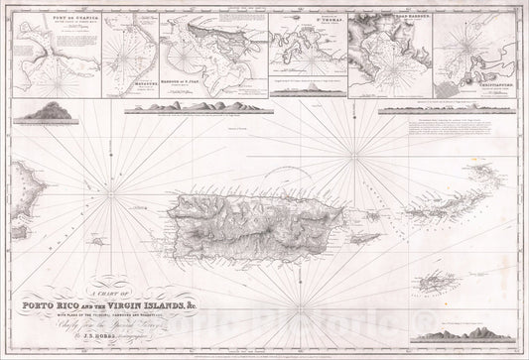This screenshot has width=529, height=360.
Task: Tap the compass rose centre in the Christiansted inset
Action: pyautogui.click(x=466, y=49)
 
